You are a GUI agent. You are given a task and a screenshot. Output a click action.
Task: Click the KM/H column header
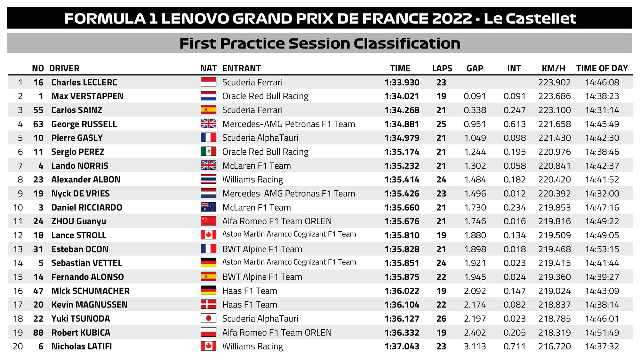553,68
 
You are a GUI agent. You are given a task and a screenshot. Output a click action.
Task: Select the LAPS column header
442,68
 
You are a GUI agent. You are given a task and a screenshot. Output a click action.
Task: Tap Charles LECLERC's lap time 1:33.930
402,83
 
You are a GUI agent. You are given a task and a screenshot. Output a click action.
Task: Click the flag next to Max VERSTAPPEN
208,96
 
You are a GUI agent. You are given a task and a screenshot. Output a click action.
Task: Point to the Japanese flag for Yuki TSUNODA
208,318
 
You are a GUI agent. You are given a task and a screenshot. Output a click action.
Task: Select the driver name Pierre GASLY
77,138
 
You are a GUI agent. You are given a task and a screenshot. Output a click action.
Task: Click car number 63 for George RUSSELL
38,124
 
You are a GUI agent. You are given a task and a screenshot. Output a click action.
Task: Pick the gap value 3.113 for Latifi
475,346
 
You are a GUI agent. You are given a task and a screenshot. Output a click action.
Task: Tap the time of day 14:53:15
602,249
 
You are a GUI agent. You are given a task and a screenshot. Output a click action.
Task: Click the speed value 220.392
554,194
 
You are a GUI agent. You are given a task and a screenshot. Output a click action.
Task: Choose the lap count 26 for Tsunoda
441,319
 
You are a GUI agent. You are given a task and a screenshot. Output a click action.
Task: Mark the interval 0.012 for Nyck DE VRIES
514,194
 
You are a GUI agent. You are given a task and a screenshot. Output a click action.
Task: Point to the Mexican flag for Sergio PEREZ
208,151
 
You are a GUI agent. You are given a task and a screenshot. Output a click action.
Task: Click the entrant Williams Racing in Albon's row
252,180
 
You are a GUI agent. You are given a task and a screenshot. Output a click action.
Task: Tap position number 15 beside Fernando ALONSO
18,277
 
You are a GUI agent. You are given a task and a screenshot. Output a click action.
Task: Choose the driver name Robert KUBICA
81,332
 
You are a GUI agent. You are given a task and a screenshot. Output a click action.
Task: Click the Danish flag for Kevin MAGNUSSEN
208,304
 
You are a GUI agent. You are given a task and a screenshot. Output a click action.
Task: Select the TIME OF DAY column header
602,68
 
